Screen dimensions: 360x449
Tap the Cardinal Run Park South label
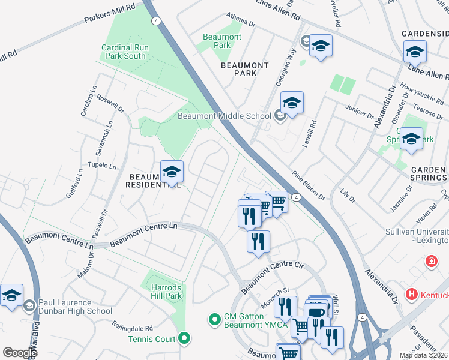124,52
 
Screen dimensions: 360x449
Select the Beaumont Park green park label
222,41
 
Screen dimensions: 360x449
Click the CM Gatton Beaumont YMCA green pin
214,318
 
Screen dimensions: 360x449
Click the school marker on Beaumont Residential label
172,172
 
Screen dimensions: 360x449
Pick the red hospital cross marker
431,262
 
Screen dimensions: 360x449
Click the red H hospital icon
412,295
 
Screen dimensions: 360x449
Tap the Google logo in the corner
19,352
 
